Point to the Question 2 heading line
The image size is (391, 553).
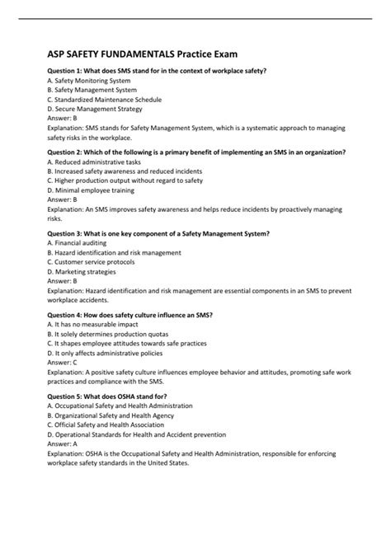click(x=196, y=153)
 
